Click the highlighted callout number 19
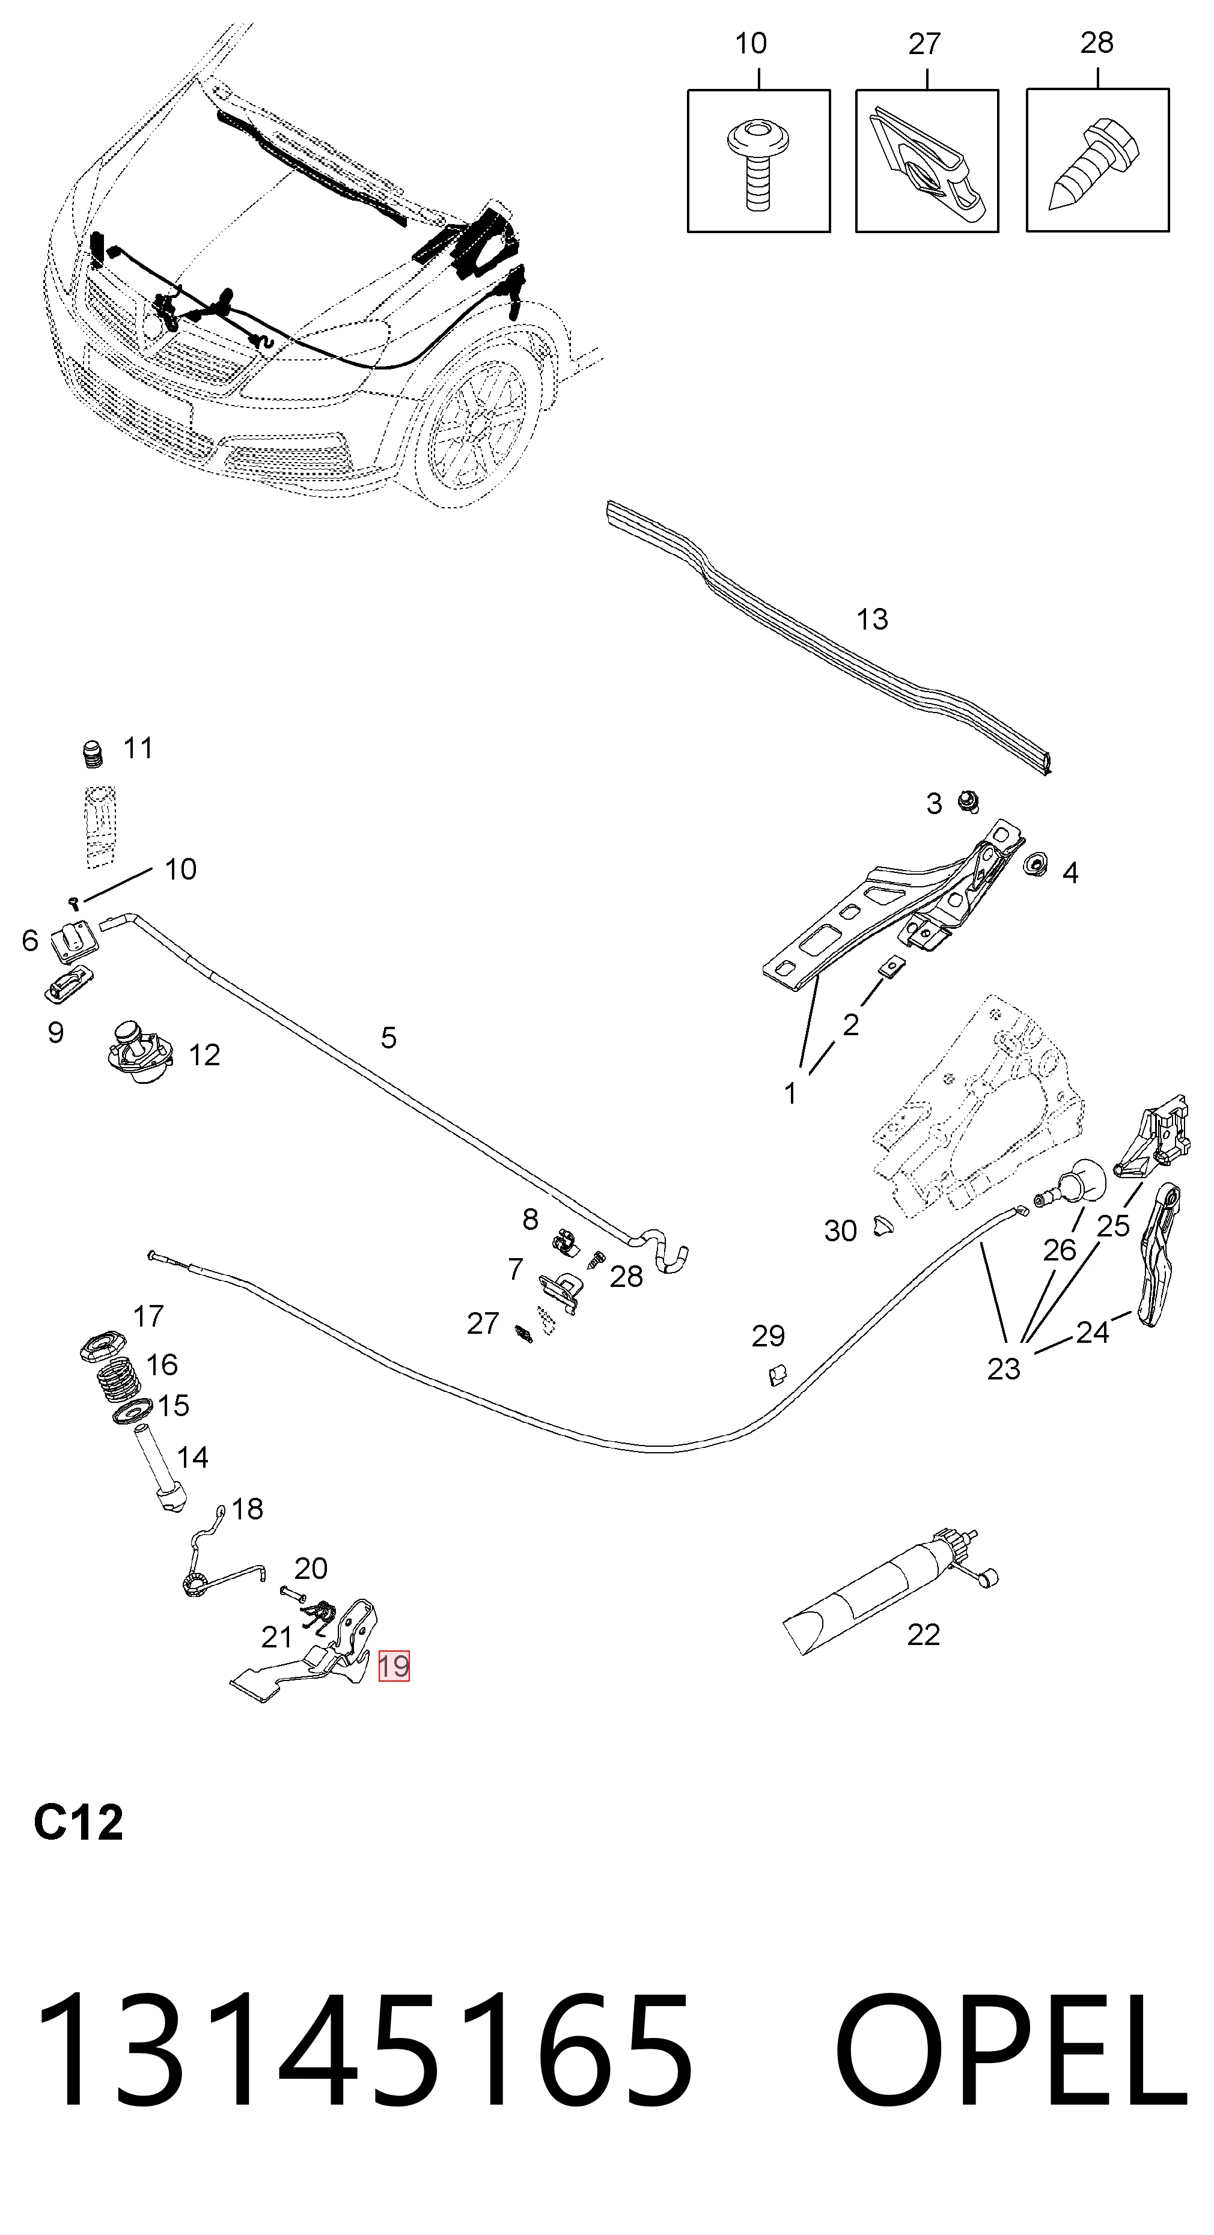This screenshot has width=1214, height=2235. click(393, 1666)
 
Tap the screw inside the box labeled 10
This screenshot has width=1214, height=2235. click(758, 163)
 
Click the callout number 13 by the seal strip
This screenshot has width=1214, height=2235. click(872, 619)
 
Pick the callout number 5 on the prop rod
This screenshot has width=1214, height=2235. click(389, 1038)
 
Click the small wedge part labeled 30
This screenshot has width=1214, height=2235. click(883, 1226)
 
